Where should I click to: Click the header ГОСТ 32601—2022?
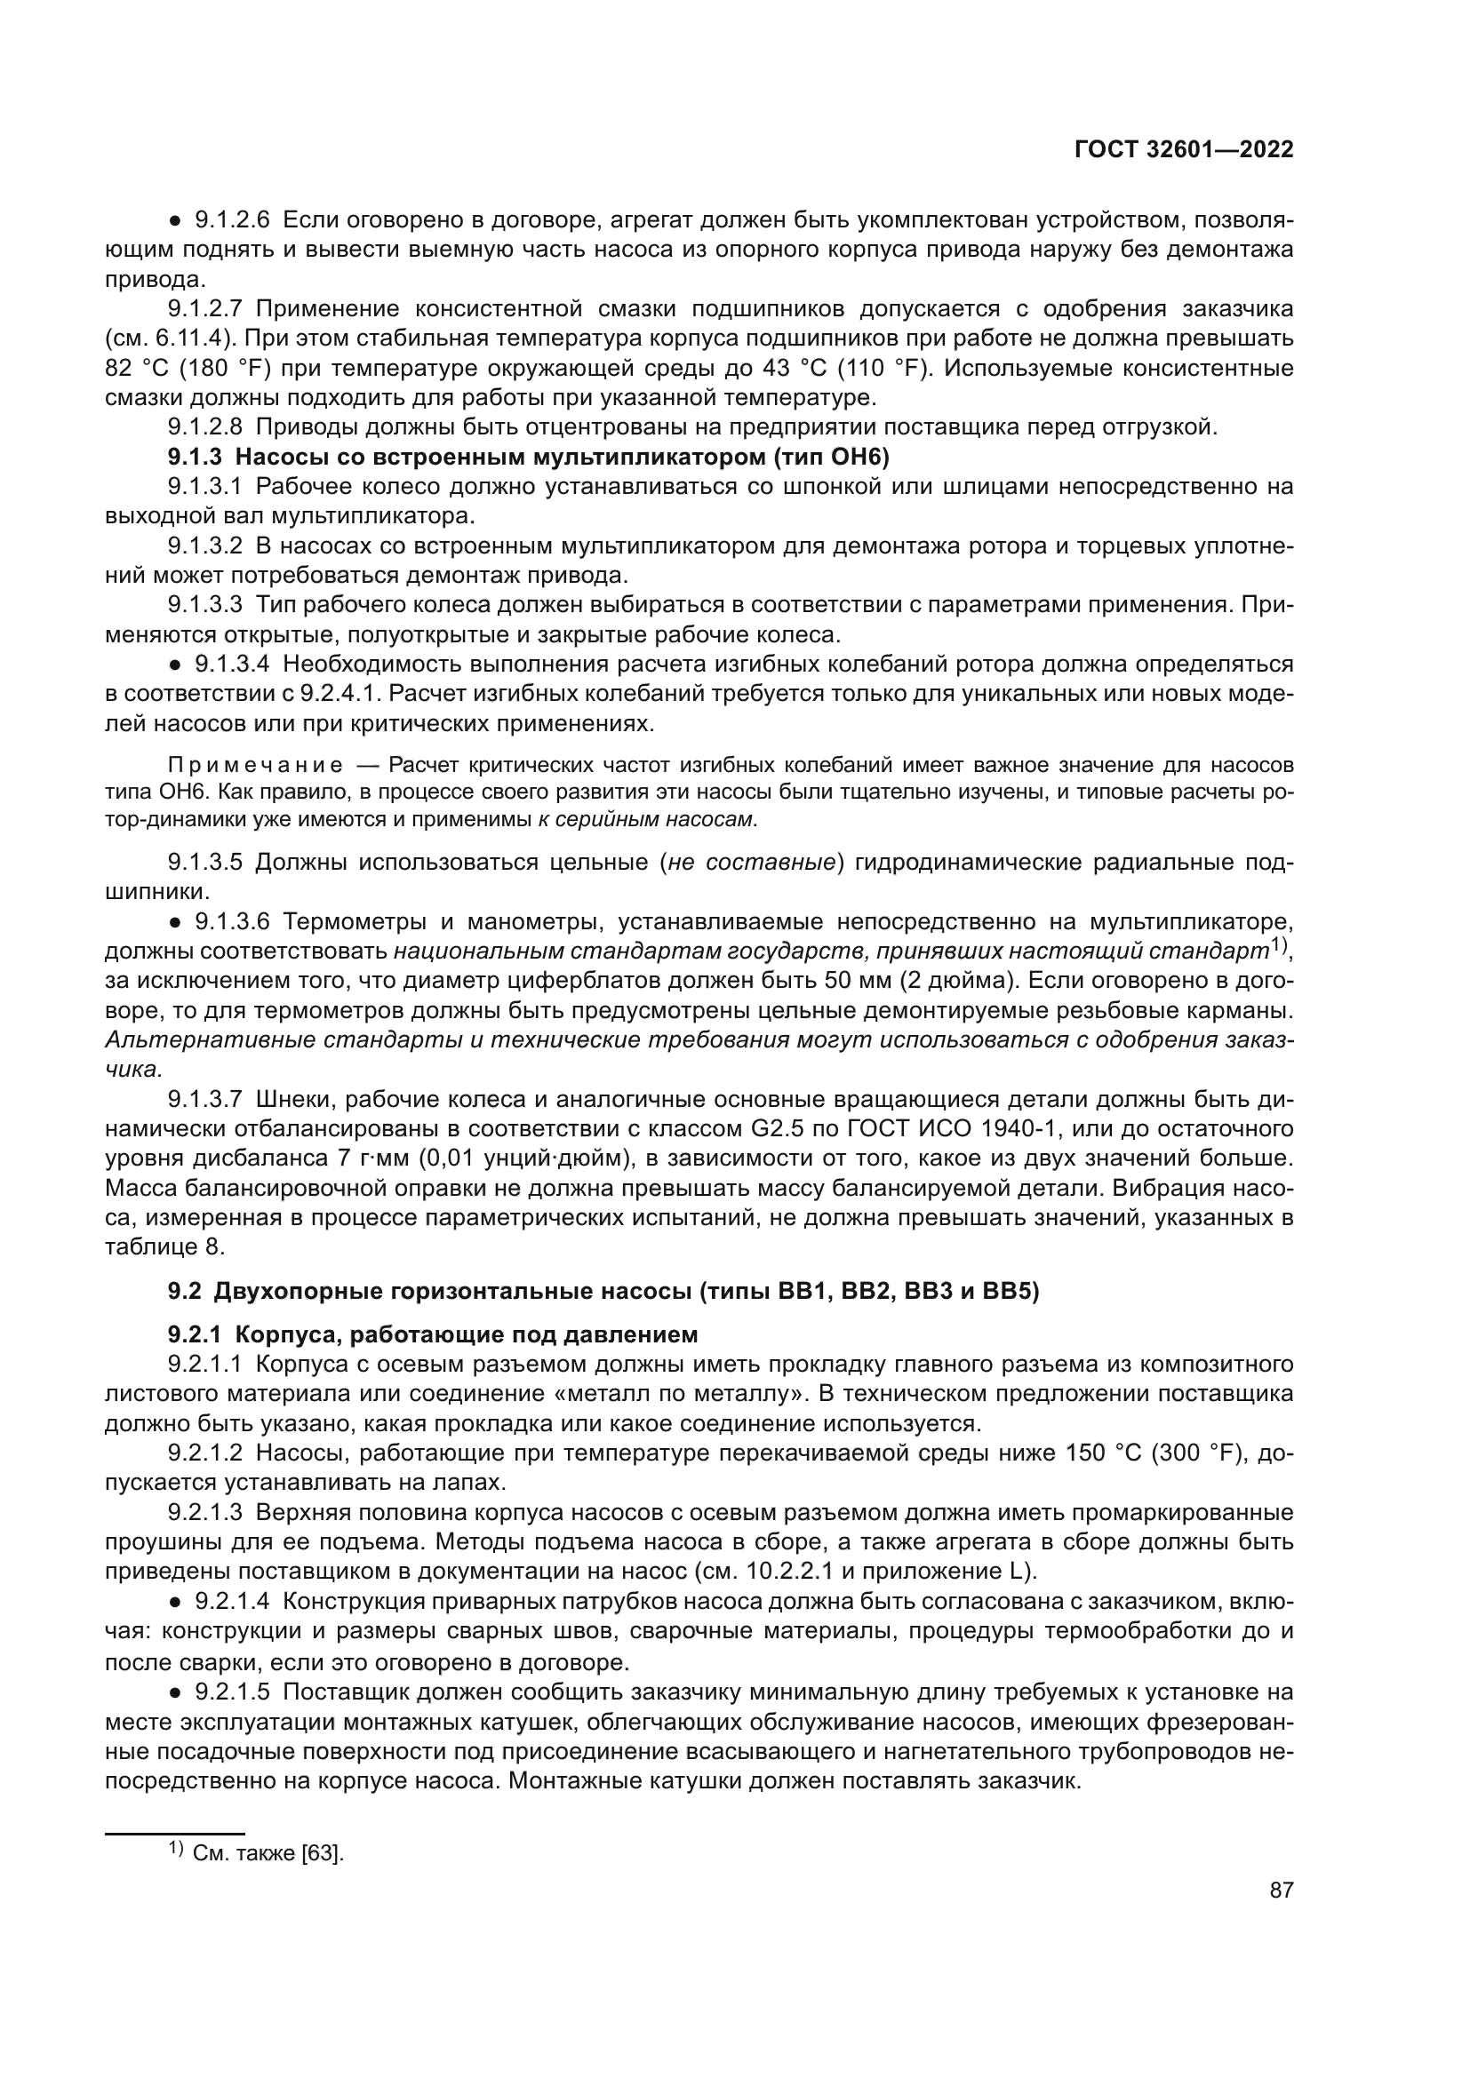coord(1183,149)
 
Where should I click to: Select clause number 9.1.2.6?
coord(232,220)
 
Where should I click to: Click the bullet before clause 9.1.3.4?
coord(176,665)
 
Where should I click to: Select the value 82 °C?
coord(137,369)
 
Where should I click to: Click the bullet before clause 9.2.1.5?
coord(176,1692)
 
